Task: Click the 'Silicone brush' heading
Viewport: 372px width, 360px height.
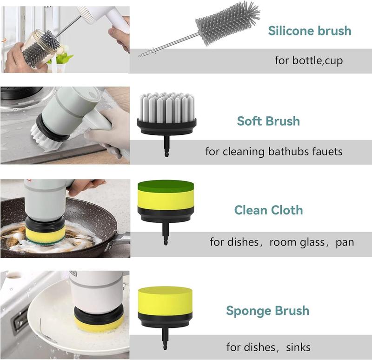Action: [310, 31]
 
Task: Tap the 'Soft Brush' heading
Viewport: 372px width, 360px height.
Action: [268, 121]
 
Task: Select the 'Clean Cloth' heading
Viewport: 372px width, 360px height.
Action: [268, 210]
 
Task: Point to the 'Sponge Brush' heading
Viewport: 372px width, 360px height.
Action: [268, 311]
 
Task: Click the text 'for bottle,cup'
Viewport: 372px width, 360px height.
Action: [309, 60]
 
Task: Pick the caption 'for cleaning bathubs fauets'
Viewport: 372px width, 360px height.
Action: [274, 152]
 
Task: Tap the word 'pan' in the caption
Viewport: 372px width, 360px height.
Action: [345, 242]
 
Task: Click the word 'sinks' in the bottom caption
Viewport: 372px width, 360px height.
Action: [298, 347]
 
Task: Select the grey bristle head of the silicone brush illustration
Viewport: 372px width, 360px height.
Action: [227, 23]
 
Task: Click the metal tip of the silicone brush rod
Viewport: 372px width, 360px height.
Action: [139, 56]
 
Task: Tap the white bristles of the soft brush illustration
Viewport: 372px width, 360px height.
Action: [167, 106]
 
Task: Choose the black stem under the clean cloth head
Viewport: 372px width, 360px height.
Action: [166, 234]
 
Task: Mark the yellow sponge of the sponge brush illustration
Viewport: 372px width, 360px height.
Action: [165, 301]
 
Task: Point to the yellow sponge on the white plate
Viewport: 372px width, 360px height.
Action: [99, 324]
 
